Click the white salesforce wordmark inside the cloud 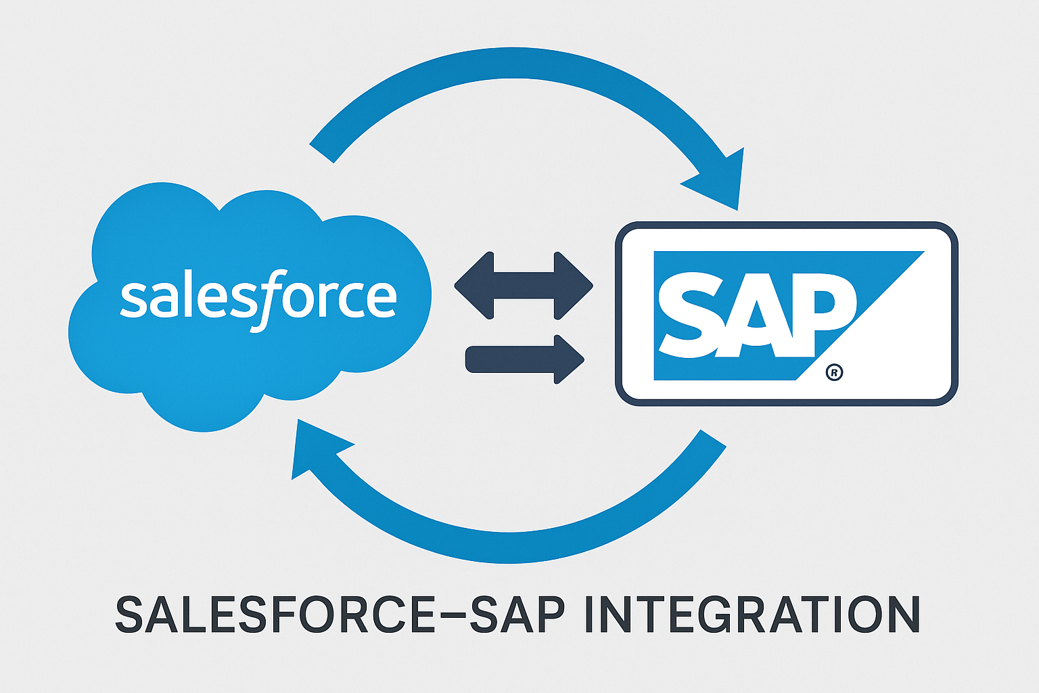coord(258,298)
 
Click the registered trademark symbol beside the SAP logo coord(835,372)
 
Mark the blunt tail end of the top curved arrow coord(322,153)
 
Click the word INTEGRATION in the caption coord(750,614)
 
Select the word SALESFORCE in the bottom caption coord(275,614)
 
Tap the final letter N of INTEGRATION coord(899,614)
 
